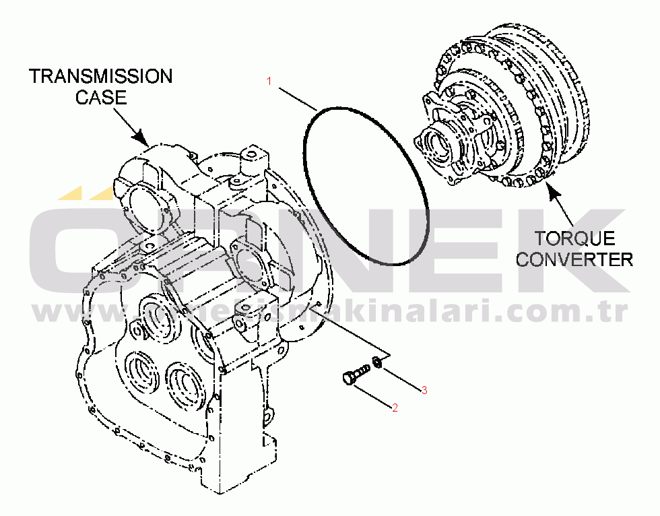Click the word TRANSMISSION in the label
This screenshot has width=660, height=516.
(100, 76)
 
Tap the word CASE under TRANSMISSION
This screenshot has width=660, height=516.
(100, 98)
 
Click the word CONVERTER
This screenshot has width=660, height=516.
(574, 259)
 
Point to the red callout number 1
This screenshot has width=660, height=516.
(269, 82)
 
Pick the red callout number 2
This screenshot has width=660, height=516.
(395, 408)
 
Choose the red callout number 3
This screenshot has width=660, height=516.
(424, 390)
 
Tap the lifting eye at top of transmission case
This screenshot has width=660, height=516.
(255, 158)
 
